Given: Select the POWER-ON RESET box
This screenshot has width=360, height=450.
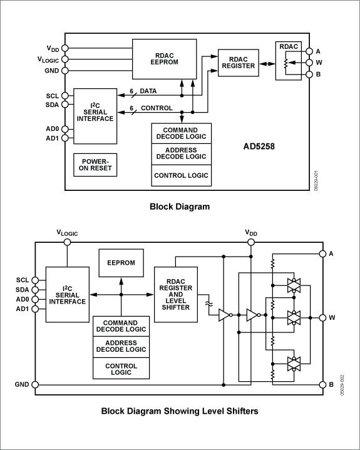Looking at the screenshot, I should click(95, 164).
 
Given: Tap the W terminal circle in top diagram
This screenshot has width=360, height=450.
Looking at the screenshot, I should click(309, 63).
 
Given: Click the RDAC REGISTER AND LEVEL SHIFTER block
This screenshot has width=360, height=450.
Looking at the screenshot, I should click(175, 292).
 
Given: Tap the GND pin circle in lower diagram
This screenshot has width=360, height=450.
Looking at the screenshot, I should click(35, 384).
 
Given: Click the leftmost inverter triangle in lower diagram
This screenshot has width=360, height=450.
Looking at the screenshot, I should click(224, 316).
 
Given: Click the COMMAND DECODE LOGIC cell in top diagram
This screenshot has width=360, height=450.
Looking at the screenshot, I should click(181, 133).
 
